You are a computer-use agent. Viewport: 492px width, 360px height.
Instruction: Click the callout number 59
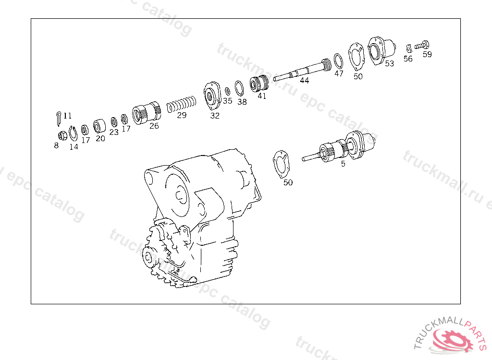coord(427,54)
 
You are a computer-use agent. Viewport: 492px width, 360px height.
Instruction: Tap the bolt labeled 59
coord(422,45)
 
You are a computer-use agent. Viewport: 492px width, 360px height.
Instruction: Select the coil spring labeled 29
coord(181,103)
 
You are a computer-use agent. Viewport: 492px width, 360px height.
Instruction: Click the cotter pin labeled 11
coord(59,118)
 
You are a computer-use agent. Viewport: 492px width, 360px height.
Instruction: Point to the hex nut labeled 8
coord(62,135)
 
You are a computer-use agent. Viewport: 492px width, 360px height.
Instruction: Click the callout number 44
coord(304,81)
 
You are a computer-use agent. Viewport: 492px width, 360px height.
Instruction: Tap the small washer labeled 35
coord(227,91)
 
